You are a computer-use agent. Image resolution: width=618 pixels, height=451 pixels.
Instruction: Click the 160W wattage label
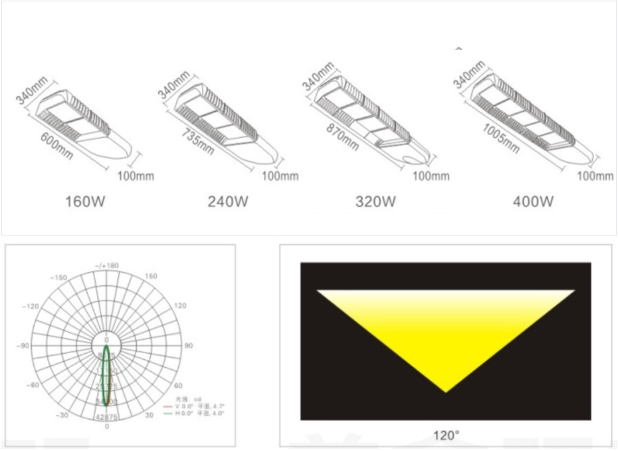coord(85,200)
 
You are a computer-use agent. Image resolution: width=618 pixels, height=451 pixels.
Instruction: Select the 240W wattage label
coord(228,200)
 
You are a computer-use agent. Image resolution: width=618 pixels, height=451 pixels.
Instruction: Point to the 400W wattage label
coord(533,200)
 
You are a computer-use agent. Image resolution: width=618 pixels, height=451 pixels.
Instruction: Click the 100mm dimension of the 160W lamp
coord(136,176)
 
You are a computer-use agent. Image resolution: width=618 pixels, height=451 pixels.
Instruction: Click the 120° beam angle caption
coord(447,436)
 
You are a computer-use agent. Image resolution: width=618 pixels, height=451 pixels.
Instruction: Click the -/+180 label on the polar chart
coord(106,265)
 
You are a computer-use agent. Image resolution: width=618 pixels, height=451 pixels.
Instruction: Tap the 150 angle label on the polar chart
coord(151,276)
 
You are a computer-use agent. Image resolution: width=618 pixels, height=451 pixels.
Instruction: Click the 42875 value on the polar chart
coord(106,417)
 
